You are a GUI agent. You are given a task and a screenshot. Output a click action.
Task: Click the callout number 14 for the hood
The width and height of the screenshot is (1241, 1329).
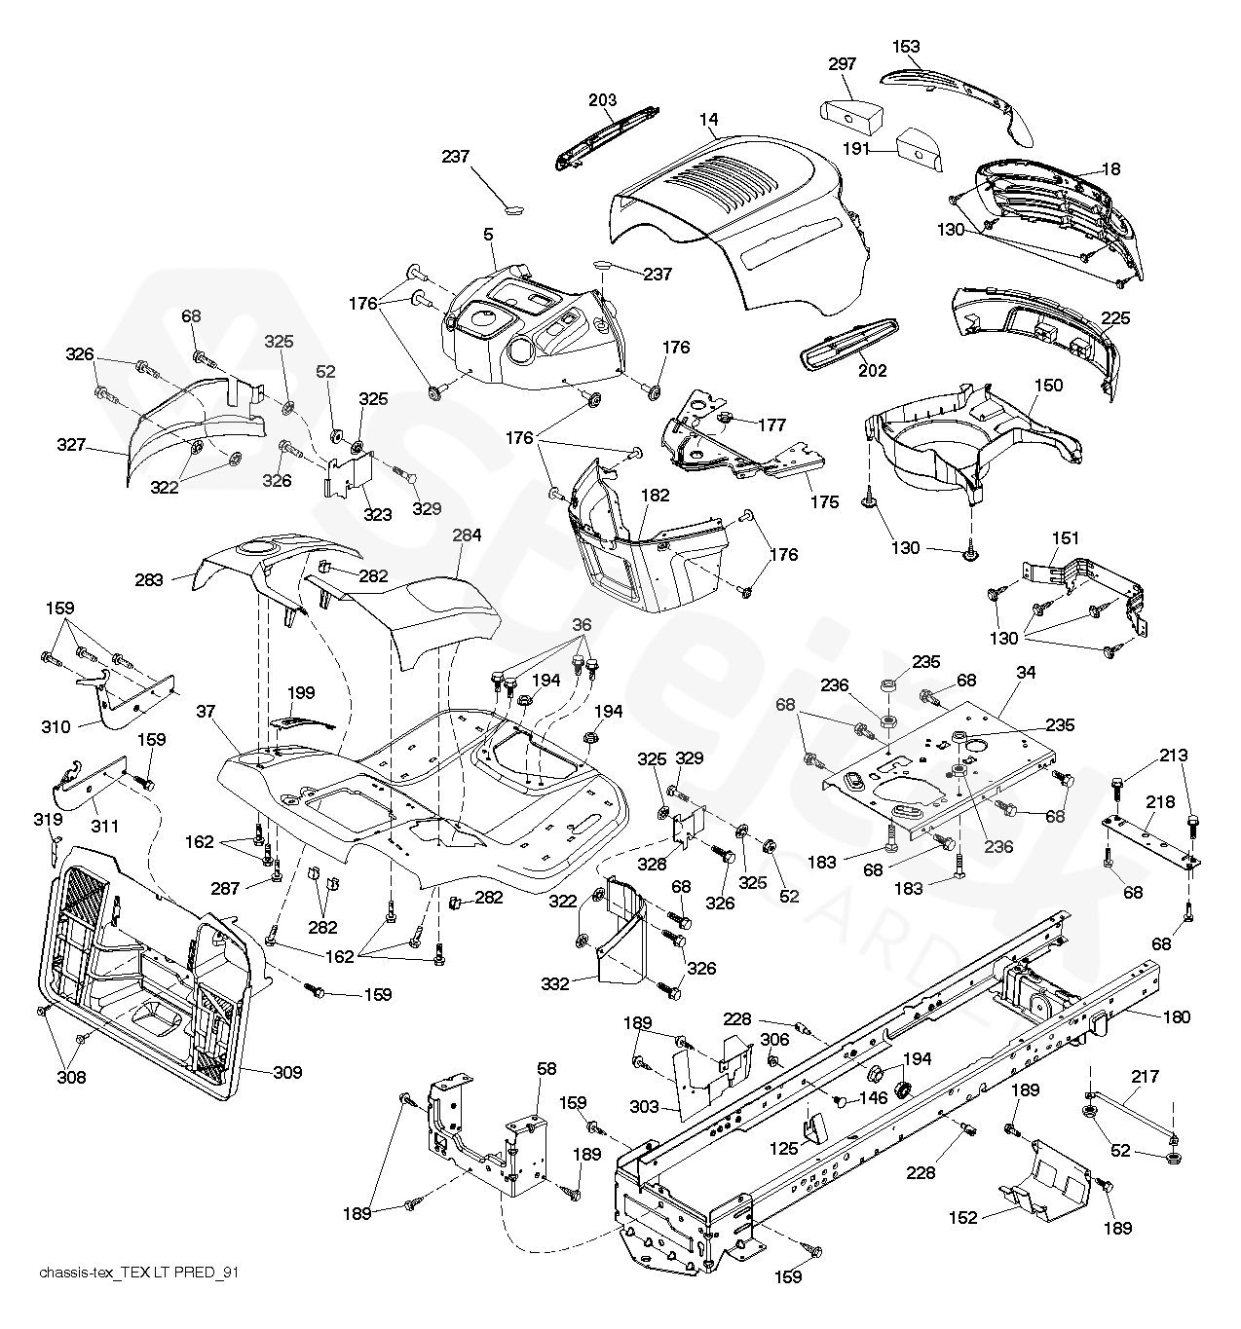708,120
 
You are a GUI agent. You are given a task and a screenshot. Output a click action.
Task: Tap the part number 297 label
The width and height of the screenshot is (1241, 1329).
842,64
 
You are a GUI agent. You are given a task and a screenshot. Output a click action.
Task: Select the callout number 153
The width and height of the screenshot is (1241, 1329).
906,46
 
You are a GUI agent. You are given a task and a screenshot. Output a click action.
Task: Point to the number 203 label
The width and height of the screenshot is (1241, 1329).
603,100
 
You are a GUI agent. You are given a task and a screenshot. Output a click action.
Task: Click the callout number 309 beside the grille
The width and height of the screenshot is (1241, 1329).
287,1073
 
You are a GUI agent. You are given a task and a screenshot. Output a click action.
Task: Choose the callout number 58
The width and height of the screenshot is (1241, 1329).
546,1069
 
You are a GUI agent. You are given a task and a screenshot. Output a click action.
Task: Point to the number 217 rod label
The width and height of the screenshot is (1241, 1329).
1146,1077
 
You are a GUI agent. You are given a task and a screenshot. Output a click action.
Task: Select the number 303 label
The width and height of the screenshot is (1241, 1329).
645,1107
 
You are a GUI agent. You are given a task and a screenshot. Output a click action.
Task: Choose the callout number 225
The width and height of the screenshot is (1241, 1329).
1116,317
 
